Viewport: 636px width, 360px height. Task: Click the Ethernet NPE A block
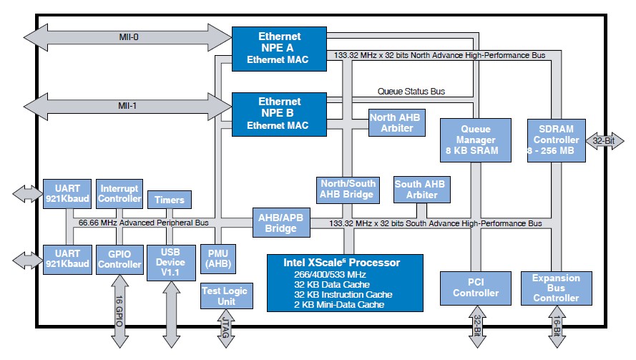click(x=279, y=48)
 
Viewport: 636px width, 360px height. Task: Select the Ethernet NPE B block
click(x=279, y=114)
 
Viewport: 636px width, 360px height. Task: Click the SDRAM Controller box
click(x=557, y=139)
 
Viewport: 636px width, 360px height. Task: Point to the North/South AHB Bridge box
click(x=347, y=189)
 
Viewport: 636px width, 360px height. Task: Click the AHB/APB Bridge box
click(x=280, y=223)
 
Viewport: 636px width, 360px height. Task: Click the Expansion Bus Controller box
click(x=557, y=287)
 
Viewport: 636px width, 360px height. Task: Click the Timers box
click(x=170, y=200)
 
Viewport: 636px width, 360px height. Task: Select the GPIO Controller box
click(x=119, y=259)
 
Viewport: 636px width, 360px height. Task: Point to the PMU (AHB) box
click(x=217, y=259)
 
